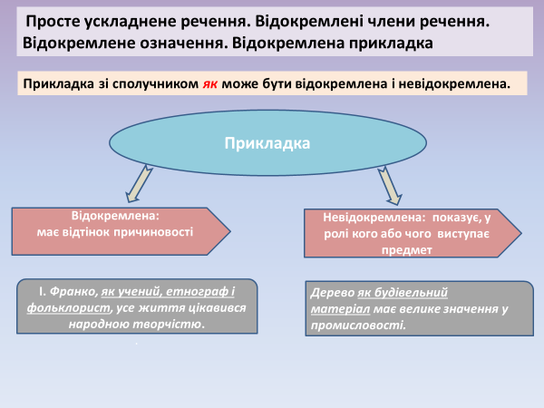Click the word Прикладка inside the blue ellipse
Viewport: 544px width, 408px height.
pos(267,143)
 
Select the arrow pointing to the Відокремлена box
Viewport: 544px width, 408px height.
pos(139,185)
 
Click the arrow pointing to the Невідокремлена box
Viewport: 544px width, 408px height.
pos(389,185)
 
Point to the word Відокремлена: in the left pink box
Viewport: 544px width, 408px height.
pos(115,217)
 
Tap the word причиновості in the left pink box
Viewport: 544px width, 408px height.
pos(153,232)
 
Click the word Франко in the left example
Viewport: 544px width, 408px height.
pos(73,291)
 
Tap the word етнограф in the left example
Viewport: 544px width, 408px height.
pos(192,291)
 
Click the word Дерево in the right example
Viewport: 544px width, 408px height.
pos(332,294)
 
